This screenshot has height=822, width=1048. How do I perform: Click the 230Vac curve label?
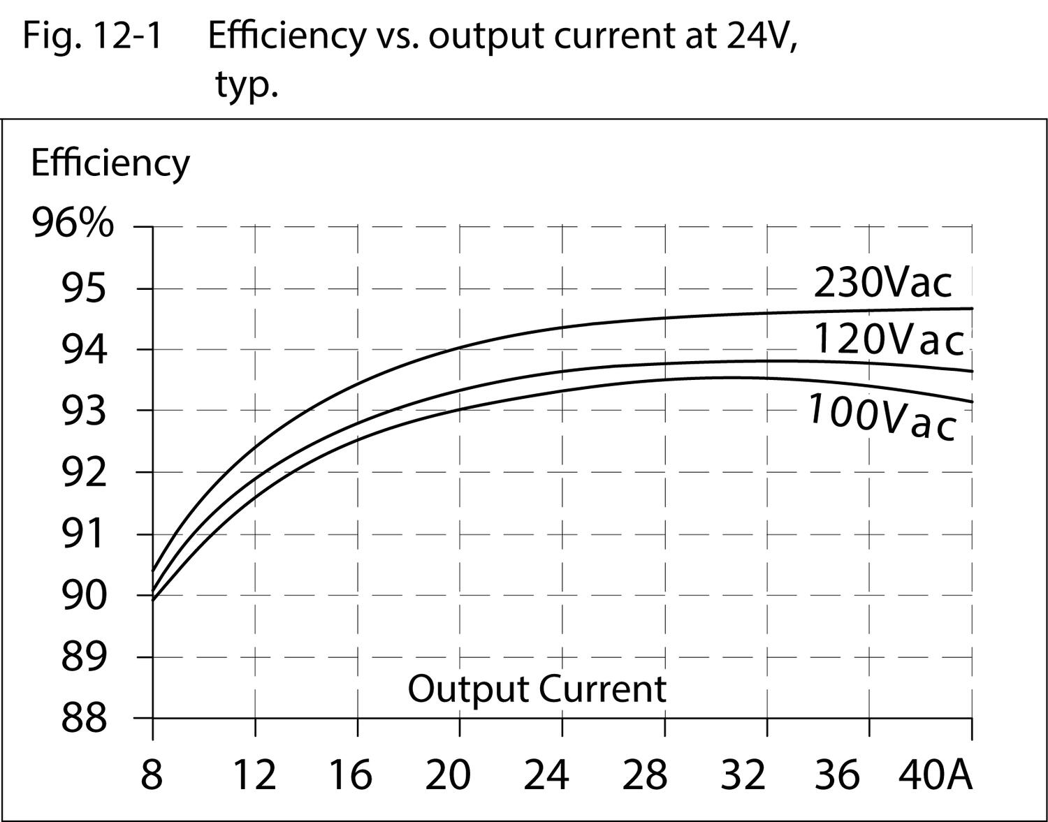[882, 283]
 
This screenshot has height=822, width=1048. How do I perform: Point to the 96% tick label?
[73, 225]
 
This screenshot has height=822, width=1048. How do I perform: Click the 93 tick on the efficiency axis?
[85, 411]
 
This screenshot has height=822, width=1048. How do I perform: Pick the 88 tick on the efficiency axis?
[85, 718]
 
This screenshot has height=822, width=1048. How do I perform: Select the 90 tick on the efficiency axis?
[85, 596]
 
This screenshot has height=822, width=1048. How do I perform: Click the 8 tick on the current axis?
[152, 775]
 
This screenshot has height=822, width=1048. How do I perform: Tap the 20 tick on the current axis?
[448, 775]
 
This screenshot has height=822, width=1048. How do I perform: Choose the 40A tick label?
[936, 775]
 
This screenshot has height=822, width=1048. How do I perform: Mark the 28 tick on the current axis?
[644, 775]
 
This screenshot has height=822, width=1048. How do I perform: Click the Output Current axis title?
[537, 689]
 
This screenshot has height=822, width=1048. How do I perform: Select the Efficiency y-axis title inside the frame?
[110, 163]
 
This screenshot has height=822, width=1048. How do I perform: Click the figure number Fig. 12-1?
[92, 35]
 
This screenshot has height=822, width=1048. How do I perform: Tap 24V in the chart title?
[761, 35]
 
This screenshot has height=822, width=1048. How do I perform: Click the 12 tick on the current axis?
[254, 775]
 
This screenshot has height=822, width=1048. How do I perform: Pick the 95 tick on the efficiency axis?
[85, 288]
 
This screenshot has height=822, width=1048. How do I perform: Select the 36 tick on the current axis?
[836, 775]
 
